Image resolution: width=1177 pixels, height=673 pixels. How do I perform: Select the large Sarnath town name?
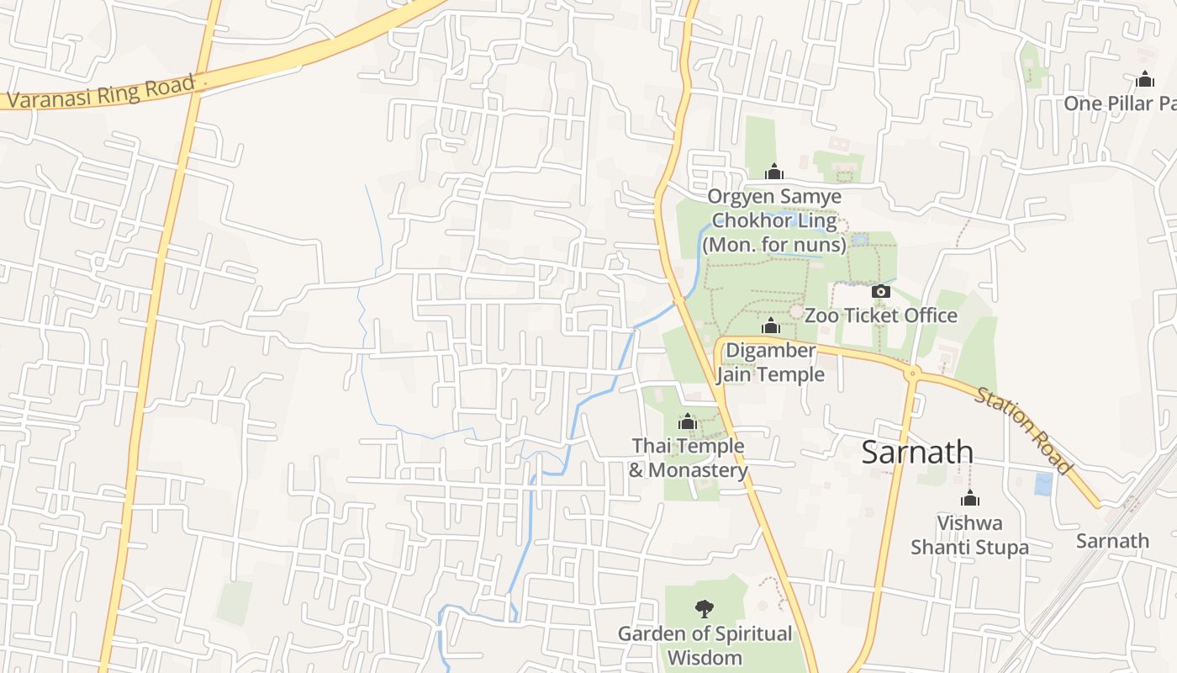tap(917, 453)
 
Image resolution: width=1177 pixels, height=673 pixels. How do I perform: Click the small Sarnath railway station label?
tap(1112, 540)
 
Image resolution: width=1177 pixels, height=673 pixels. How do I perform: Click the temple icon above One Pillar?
tap(1144, 80)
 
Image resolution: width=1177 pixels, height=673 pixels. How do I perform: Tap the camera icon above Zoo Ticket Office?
tap(880, 291)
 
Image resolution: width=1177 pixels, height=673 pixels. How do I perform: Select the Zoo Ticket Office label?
tap(880, 315)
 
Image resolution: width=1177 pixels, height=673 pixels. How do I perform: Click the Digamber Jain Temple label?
tap(771, 362)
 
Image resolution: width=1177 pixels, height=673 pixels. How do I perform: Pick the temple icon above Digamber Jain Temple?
tap(771, 326)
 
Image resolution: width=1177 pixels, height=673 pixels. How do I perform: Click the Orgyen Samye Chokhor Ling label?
tap(774, 220)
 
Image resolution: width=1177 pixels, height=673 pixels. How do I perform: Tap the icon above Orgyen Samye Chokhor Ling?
tap(774, 172)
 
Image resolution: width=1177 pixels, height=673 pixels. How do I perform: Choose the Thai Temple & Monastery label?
tap(688, 458)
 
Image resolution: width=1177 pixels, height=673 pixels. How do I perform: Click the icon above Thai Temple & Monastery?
tap(688, 421)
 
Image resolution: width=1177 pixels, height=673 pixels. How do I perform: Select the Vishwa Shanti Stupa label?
tap(969, 535)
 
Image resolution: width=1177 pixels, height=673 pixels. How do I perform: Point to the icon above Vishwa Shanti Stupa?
tap(969, 498)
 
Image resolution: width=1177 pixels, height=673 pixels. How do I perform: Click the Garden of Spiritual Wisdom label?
tap(705, 645)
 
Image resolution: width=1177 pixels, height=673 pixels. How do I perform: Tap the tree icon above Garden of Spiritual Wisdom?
tap(705, 608)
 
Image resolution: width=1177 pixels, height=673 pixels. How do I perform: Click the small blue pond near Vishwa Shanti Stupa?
tap(1043, 484)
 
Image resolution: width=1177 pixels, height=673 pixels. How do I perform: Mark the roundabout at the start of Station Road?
tap(913, 372)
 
